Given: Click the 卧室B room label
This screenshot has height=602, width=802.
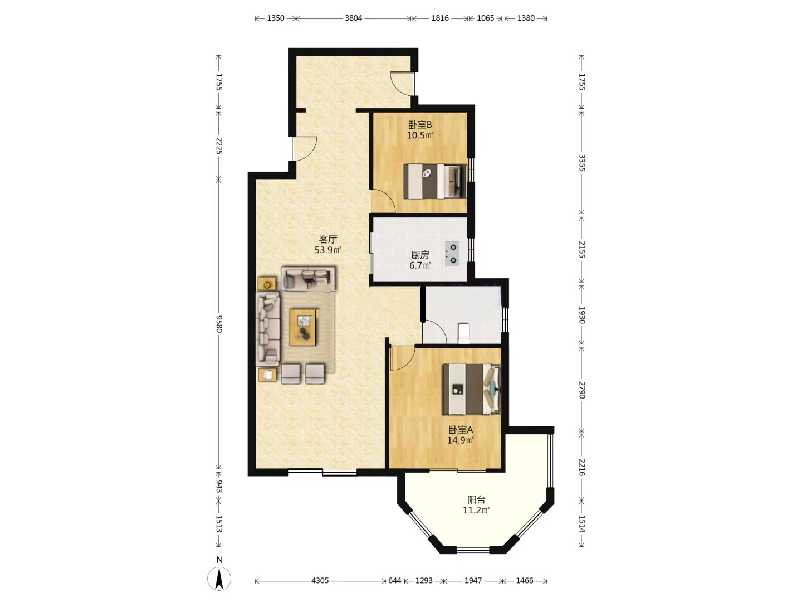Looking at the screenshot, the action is [x=420, y=125].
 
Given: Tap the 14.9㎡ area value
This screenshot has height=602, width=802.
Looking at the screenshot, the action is [x=461, y=440].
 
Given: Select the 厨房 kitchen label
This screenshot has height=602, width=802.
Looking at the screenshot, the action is [x=420, y=255].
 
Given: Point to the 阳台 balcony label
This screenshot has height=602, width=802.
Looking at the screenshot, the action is [x=476, y=499].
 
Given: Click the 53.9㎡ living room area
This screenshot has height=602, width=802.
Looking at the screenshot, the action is [x=327, y=250].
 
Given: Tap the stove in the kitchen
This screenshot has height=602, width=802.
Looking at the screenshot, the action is [x=452, y=254].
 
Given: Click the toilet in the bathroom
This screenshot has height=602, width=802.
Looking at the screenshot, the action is [x=463, y=333].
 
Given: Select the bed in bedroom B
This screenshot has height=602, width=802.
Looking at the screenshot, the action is [x=435, y=182].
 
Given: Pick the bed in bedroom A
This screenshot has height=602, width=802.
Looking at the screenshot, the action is [x=471, y=389].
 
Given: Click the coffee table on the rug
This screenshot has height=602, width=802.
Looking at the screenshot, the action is [x=303, y=327].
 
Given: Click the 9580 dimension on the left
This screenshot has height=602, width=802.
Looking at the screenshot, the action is [x=218, y=324].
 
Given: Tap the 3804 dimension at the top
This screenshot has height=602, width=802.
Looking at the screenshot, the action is [x=353, y=18].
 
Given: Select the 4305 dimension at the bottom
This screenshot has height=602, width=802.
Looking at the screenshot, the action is [x=320, y=580].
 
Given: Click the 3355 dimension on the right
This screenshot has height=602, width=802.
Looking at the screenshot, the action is [x=581, y=163].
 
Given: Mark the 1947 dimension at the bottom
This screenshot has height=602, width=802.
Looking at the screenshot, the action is [x=473, y=580].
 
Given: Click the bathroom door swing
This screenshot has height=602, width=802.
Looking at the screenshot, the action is [x=435, y=331].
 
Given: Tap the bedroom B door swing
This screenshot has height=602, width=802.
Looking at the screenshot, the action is [x=383, y=201].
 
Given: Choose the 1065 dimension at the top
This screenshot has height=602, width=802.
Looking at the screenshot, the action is [x=486, y=18].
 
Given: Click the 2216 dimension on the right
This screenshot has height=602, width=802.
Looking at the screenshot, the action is [x=581, y=467].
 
